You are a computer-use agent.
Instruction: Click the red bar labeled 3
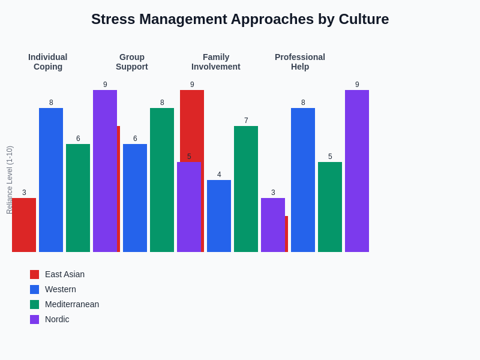pos(24,225)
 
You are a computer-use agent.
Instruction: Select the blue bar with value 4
pos(219,216)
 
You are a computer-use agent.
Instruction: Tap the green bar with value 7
pos(246,189)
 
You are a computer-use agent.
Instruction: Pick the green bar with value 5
pos(330,207)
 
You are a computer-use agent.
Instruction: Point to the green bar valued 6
pos(78,198)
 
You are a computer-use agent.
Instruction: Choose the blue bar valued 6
pos(135,198)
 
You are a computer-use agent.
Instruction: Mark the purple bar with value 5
pos(189,207)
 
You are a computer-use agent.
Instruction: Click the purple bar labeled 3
pos(273,225)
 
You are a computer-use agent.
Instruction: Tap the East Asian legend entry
pos(65,274)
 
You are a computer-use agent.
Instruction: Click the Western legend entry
pos(61,289)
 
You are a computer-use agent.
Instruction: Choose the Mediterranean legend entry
pos(72,304)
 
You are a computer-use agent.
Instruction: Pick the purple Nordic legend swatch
pos(34,319)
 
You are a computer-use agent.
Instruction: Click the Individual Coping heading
pos(48,62)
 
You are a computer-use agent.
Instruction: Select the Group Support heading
pos(132,62)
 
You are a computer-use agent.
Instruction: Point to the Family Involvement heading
pos(216,62)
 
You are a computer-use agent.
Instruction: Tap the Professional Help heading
pos(300,62)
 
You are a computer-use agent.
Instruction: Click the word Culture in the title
pos(364,19)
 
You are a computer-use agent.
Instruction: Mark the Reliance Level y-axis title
pos(10,180)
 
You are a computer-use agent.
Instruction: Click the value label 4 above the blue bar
pos(219,175)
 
